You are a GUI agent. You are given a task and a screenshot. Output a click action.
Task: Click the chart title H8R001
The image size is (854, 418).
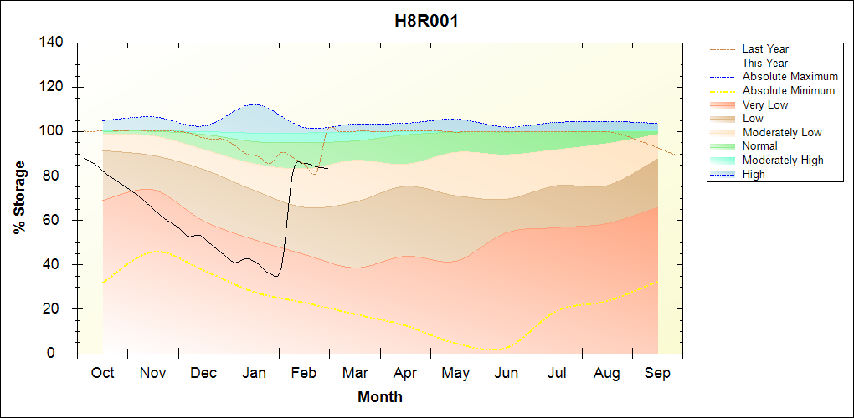426,21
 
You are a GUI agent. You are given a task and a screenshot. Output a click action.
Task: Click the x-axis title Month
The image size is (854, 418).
380,397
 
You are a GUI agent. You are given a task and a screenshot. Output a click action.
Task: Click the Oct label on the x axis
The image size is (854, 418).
102,372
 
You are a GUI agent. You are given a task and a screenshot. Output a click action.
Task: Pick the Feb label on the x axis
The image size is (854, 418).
304,372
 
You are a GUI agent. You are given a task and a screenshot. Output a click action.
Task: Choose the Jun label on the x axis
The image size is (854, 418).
506,372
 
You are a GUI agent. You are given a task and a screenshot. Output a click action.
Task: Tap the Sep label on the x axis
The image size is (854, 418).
657,372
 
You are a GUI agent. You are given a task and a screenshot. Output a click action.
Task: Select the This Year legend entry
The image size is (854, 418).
764,63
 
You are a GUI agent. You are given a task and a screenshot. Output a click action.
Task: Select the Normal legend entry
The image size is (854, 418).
759,146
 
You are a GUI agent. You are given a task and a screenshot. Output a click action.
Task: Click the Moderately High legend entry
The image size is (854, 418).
783,160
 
